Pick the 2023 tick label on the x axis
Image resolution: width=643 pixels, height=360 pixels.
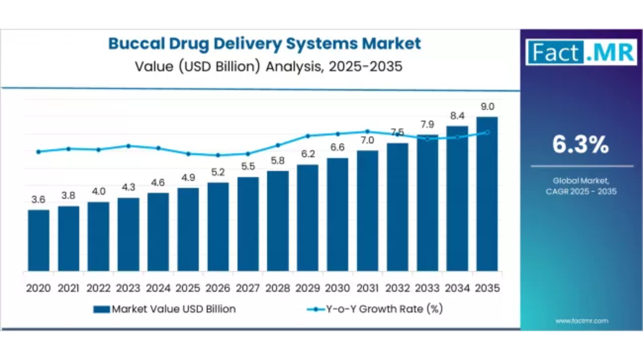(x=128, y=288)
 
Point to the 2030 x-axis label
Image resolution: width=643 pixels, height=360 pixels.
(x=338, y=288)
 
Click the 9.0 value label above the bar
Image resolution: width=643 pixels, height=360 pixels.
(x=487, y=107)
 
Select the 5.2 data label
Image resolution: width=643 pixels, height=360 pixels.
(x=218, y=172)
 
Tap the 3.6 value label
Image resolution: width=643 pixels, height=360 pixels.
(x=38, y=200)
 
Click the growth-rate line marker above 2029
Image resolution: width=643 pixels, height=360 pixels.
(x=308, y=136)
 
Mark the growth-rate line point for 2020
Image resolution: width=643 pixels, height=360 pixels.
(x=39, y=152)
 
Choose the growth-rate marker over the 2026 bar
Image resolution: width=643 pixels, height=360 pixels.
(x=218, y=155)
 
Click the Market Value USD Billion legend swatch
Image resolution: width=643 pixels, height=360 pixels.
(x=102, y=309)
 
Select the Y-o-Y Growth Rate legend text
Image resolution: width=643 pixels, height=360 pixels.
(x=384, y=309)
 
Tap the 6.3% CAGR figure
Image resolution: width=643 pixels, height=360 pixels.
(x=580, y=144)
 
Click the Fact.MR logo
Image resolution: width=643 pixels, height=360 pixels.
(x=581, y=52)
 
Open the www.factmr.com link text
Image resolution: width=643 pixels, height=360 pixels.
(x=582, y=321)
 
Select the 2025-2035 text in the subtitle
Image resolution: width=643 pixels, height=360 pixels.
(x=365, y=66)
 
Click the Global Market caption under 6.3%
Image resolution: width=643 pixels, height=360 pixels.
(x=581, y=181)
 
